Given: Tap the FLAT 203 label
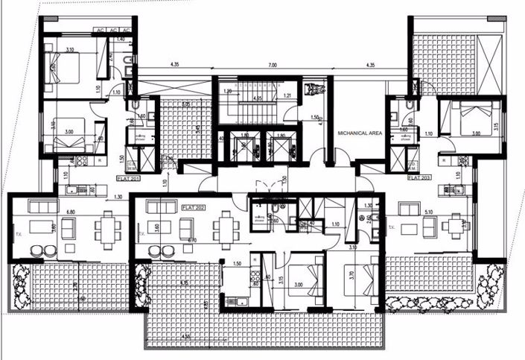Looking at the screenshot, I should point(419,179).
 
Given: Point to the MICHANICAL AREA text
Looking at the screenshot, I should point(360,131).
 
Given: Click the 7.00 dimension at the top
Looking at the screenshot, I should point(272,66).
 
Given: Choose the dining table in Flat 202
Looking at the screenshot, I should point(225,223).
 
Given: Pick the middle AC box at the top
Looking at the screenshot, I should point(112,30).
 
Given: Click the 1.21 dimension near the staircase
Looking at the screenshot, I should point(287,96).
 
